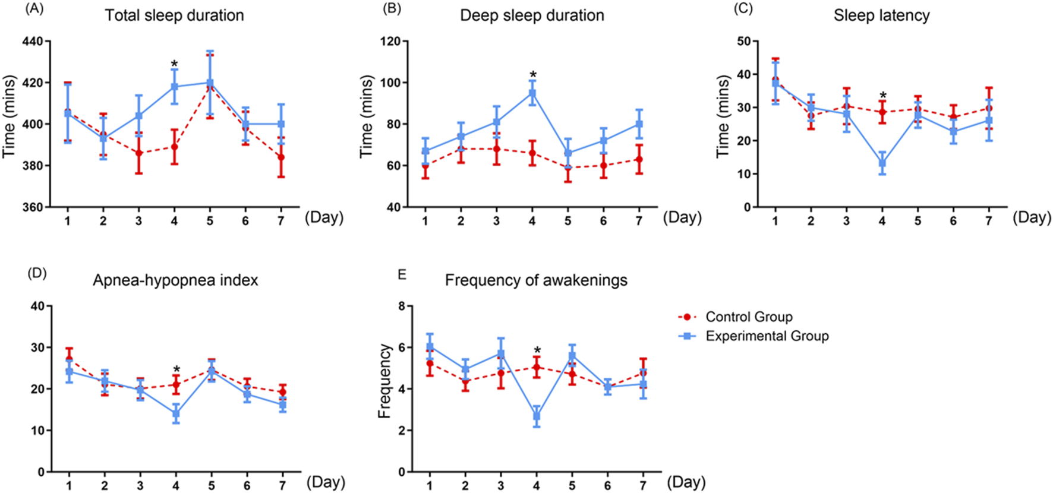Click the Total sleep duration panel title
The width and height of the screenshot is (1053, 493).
pyautogui.click(x=174, y=15)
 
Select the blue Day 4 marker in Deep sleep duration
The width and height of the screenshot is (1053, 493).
pyautogui.click(x=532, y=93)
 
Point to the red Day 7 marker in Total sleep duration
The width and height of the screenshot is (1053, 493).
pyautogui.click(x=281, y=157)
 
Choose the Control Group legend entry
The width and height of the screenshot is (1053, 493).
pyautogui.click(x=748, y=317)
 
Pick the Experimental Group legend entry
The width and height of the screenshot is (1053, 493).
pyautogui.click(x=767, y=336)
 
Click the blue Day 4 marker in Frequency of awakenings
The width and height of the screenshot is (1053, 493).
pyautogui.click(x=537, y=416)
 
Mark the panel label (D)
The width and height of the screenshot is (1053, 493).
pyautogui.click(x=37, y=274)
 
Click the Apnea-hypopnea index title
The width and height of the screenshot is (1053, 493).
pyautogui.click(x=175, y=280)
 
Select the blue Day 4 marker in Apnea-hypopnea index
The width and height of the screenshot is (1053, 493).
pyautogui.click(x=176, y=414)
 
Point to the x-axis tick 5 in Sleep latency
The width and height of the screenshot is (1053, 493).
pyautogui.click(x=918, y=221)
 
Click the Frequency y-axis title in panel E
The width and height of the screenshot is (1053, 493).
pyautogui.click(x=385, y=381)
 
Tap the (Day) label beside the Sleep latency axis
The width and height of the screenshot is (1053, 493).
pyautogui.click(x=1032, y=217)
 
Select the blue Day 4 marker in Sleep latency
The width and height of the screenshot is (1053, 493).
pyautogui.click(x=882, y=163)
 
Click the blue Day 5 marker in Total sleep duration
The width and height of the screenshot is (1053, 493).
pyautogui.click(x=210, y=83)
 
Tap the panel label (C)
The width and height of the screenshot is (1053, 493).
pyautogui.click(x=743, y=10)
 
